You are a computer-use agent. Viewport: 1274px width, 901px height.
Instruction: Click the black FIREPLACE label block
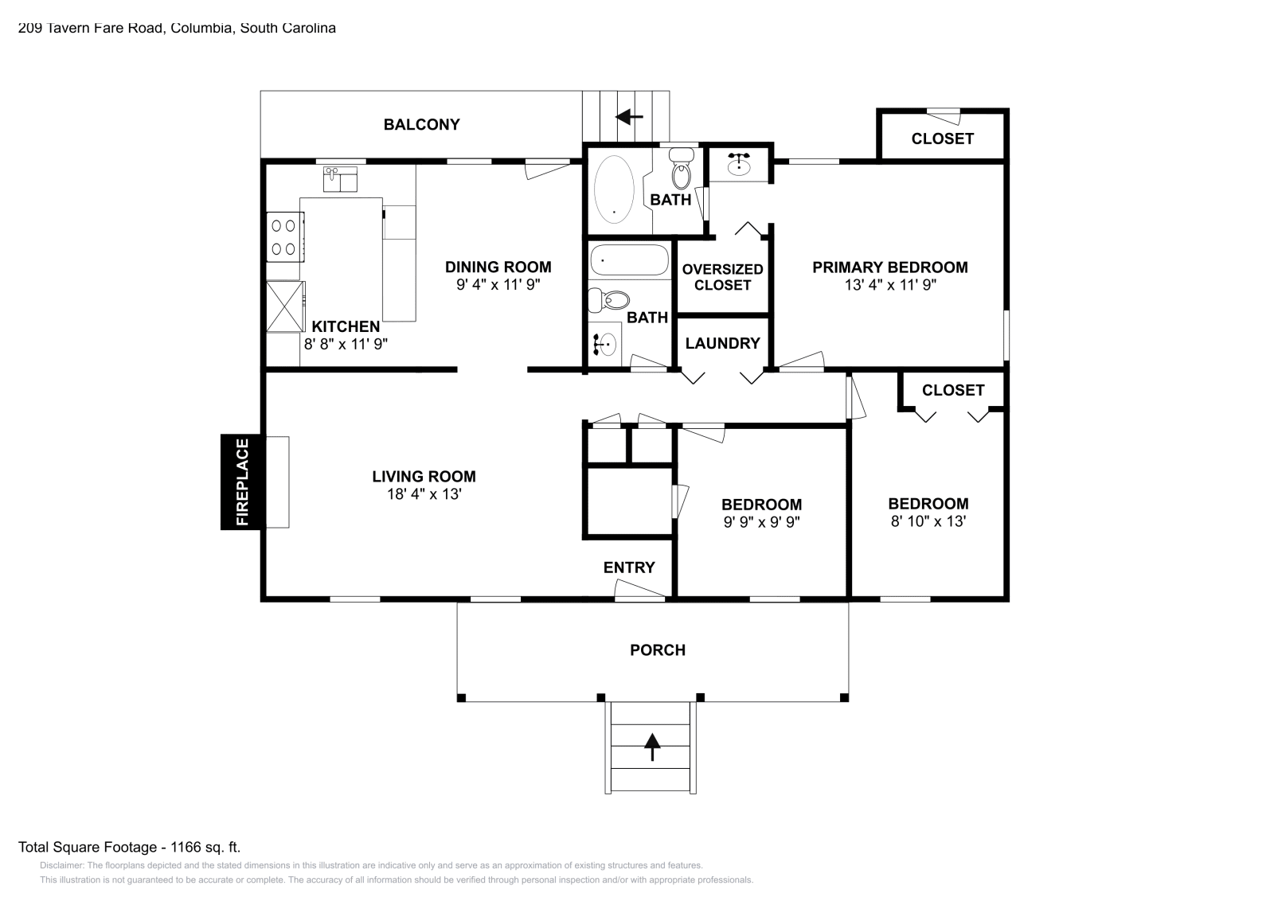coord(243,482)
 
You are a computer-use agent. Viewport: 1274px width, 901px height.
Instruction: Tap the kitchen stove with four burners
coord(285,237)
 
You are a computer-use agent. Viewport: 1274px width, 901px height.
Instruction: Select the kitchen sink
coord(340,179)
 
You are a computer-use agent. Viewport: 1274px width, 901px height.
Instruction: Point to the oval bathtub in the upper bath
coord(614,189)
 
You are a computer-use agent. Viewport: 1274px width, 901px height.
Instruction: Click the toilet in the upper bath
coord(682,169)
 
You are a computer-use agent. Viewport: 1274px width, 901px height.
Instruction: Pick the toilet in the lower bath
coord(608,300)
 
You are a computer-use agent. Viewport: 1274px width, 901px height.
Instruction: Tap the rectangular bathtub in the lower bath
coord(629,260)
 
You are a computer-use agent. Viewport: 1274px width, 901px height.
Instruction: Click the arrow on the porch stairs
coord(652,747)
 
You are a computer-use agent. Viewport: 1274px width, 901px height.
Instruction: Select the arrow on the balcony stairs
coord(629,117)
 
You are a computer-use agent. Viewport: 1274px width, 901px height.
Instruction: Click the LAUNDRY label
coord(722,343)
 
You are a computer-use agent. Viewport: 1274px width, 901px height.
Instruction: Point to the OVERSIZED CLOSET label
coord(722,277)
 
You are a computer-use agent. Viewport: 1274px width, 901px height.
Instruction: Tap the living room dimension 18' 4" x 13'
coord(424,494)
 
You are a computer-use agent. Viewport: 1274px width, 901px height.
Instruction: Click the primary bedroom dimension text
coord(890,284)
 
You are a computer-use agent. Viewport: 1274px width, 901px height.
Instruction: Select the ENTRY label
coord(629,568)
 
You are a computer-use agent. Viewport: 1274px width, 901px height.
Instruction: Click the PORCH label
coord(658,649)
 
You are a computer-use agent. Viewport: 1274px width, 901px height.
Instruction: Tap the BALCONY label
coord(421,124)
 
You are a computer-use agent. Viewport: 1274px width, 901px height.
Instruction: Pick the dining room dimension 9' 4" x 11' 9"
coord(498,284)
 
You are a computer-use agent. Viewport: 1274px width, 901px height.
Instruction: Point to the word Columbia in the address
coord(202,28)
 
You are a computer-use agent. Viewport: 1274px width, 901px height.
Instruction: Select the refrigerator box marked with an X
coord(285,306)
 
